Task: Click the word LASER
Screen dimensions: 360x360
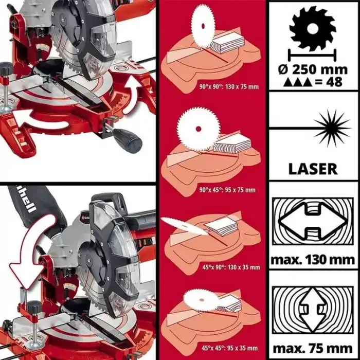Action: tap(313, 168)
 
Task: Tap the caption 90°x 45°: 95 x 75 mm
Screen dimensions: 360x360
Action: tap(229, 190)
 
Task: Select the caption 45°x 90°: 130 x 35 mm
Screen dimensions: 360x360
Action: tap(230, 267)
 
